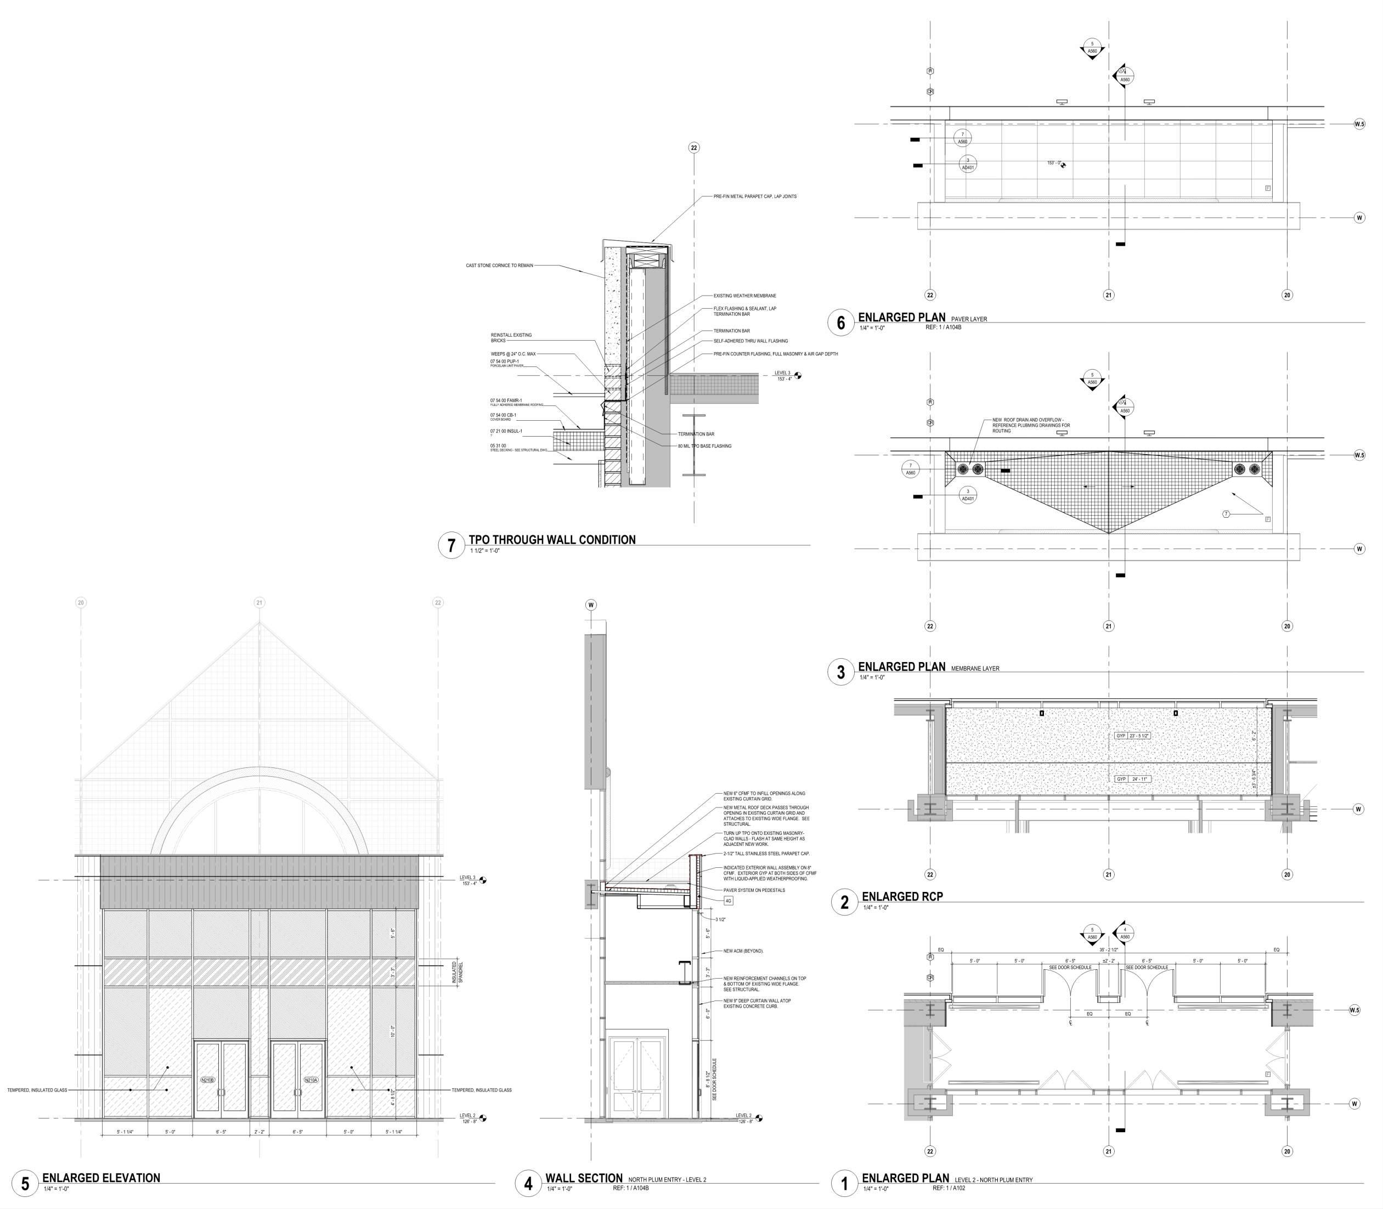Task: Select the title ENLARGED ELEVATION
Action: [101, 1178]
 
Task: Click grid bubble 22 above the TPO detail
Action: [693, 148]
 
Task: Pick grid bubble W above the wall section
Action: [591, 605]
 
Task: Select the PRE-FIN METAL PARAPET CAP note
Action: [755, 196]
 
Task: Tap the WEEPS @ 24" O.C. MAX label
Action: [513, 353]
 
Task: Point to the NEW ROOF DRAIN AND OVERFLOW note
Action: [1030, 425]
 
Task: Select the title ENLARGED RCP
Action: [902, 897]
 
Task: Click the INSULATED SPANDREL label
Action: [456, 972]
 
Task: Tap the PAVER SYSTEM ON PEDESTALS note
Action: [754, 890]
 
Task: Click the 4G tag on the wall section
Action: [729, 901]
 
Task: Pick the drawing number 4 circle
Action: [528, 1183]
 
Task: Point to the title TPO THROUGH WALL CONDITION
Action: [552, 540]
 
